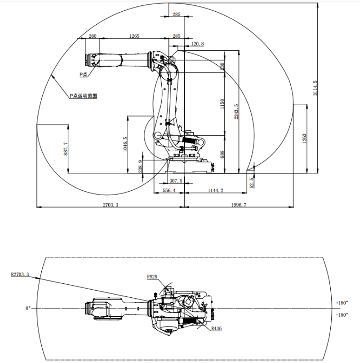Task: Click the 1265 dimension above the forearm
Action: (134, 36)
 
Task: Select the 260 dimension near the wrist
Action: (92, 36)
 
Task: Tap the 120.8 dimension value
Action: (198, 44)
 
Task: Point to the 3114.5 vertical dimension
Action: (315, 88)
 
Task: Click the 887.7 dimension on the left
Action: (66, 149)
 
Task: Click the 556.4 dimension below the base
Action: (169, 191)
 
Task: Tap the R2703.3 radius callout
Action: (20, 273)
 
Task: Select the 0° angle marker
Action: (28, 308)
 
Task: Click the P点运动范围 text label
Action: (83, 96)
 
